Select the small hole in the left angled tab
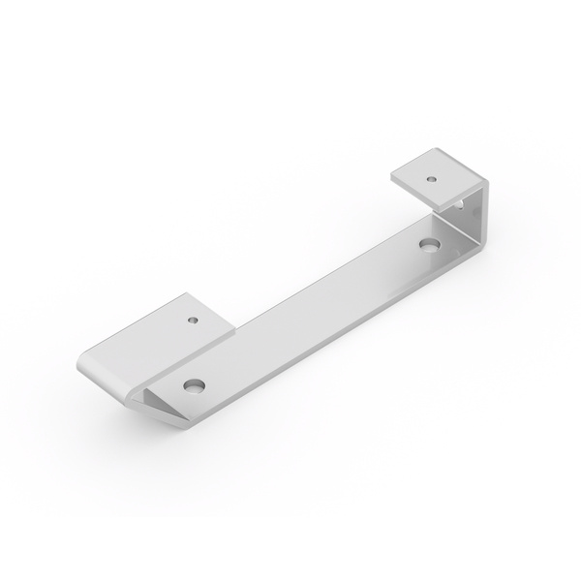pyautogui.click(x=193, y=317)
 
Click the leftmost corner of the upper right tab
pyautogui.click(x=392, y=176)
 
